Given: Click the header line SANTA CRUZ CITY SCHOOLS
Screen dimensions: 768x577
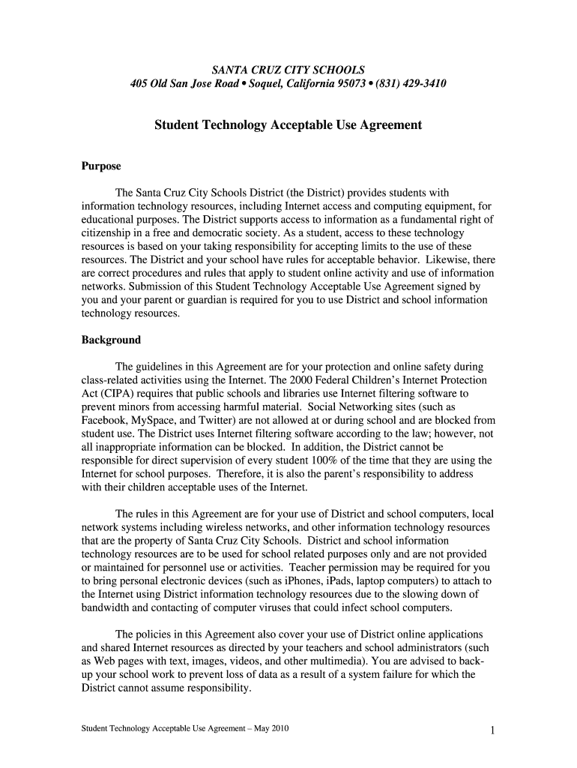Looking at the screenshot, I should click(x=288, y=69).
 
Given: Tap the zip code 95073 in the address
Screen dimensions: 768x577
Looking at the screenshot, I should click(x=355, y=83).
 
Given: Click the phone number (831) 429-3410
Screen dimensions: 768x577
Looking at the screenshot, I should click(x=413, y=83).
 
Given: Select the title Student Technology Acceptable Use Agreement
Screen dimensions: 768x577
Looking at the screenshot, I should click(x=288, y=124).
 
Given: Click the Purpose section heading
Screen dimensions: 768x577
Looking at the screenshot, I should click(x=101, y=166).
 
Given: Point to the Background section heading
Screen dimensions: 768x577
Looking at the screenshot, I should click(x=111, y=340).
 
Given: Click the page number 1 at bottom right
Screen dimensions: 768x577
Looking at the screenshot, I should click(x=492, y=730).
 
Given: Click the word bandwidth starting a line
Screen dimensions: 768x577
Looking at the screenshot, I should click(x=106, y=607).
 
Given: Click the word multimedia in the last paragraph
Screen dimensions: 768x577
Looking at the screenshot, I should click(x=346, y=661).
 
